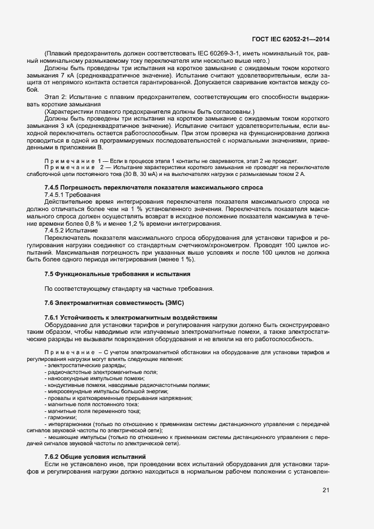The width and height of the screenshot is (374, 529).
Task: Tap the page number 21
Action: (326, 491)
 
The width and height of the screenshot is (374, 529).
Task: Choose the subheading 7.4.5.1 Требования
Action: (72, 194)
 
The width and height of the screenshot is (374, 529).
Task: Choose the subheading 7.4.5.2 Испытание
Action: (71, 230)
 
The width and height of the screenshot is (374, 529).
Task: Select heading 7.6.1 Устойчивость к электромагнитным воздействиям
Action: (130, 317)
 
